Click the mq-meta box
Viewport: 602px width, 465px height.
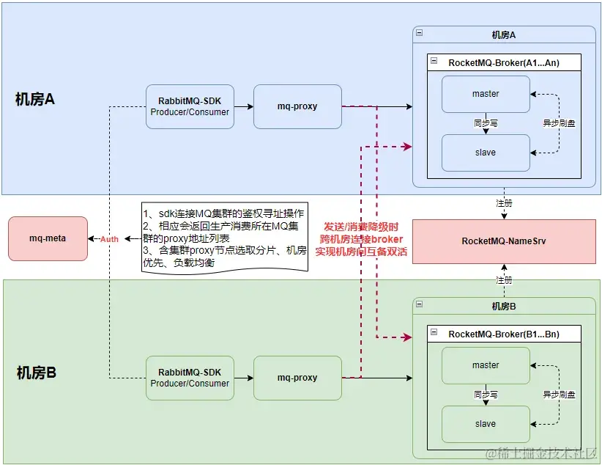(48, 238)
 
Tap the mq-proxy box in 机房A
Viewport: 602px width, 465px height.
(297, 106)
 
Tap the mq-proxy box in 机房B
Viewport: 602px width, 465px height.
(297, 378)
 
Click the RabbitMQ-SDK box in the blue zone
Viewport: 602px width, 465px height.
(190, 106)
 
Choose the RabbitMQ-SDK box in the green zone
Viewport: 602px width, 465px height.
(190, 378)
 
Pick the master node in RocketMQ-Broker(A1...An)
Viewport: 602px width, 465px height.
(486, 94)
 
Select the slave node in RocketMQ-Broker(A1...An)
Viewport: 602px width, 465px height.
(486, 153)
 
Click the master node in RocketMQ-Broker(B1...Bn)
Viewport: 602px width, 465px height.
(486, 365)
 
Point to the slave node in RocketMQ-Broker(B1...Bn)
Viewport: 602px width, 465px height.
(486, 424)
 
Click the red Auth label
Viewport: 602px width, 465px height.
(109, 239)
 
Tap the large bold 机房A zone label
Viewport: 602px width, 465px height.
(35, 100)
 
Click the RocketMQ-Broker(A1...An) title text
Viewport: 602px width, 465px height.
(504, 63)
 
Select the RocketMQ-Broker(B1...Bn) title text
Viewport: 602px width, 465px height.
(504, 334)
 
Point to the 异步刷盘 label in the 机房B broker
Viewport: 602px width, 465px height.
(559, 395)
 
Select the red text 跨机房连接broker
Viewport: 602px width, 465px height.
(361, 239)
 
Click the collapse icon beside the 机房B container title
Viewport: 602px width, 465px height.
(418, 304)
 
